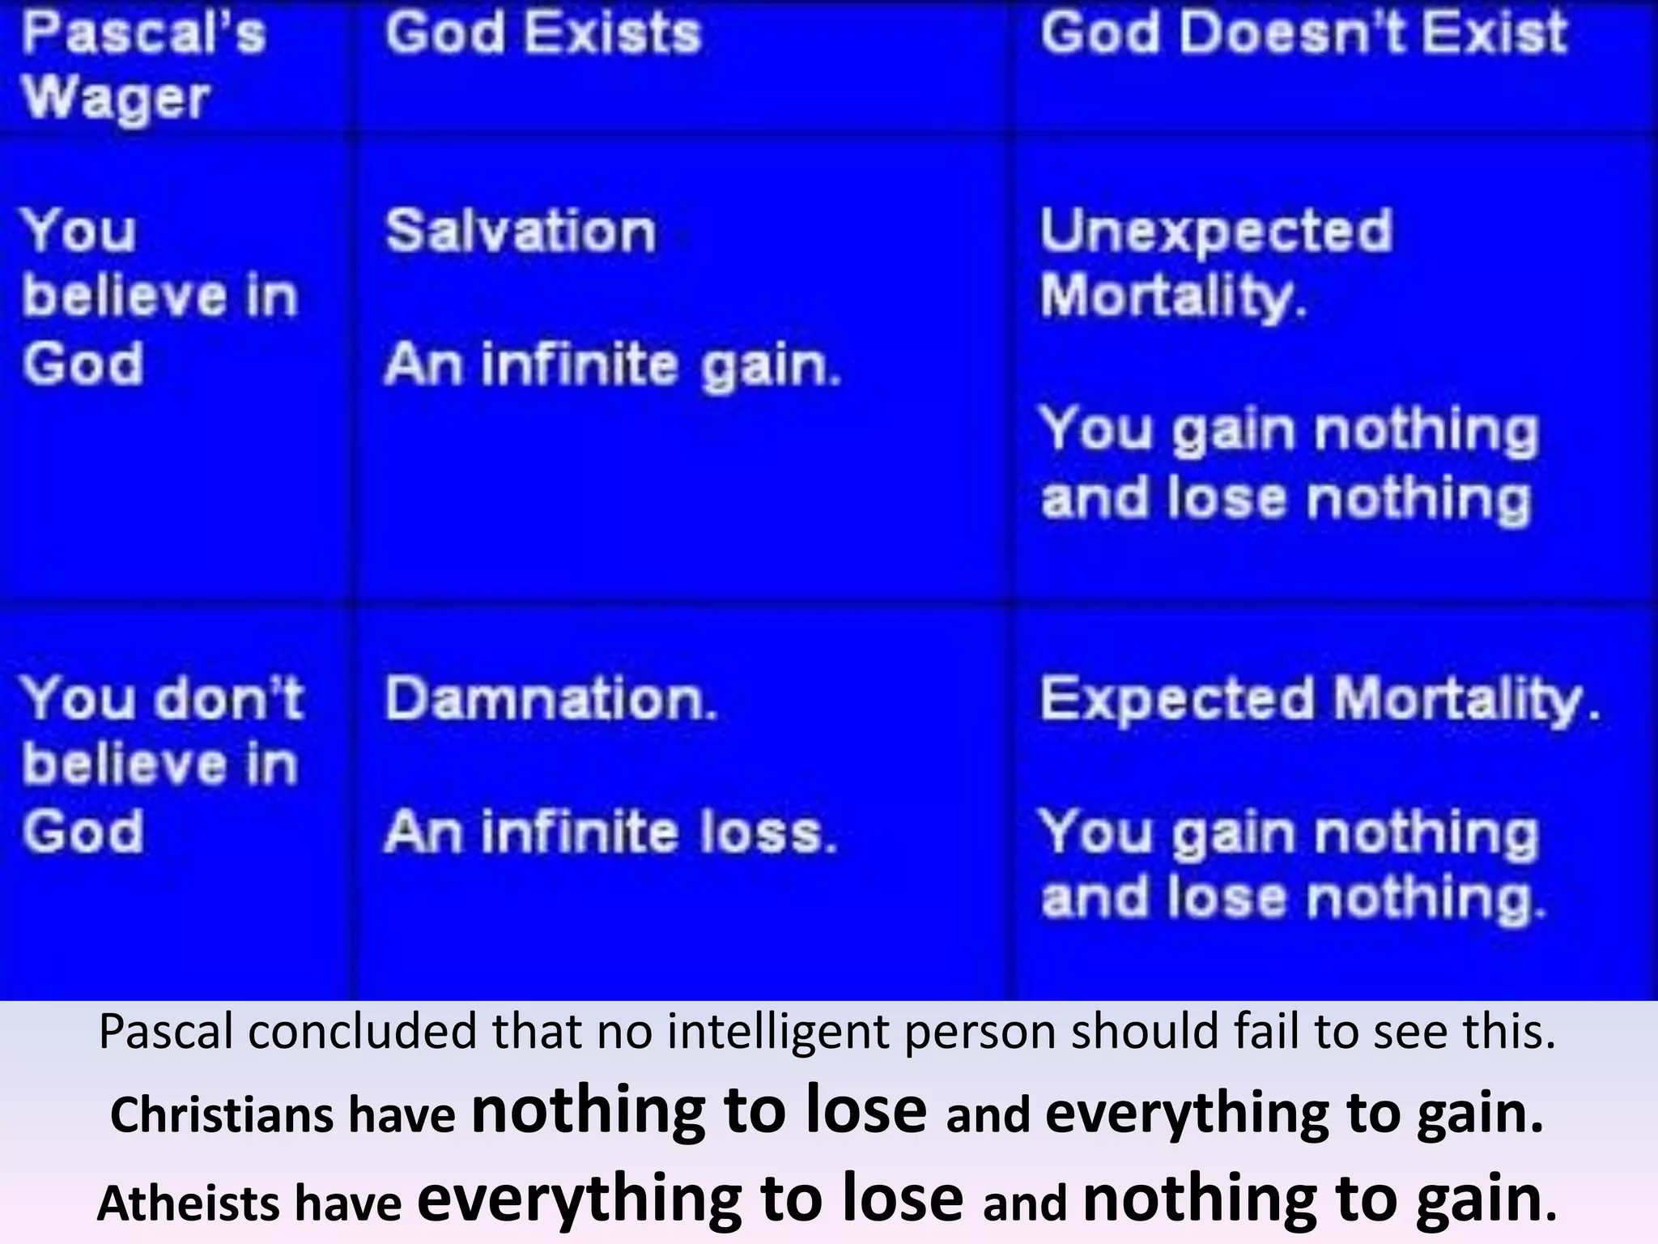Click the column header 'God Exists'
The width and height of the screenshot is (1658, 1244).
pos(542,34)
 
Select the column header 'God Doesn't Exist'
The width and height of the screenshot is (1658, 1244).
pos(1303,34)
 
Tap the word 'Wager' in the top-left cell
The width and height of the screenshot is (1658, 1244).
pos(116,99)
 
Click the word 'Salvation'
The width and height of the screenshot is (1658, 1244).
pos(520,232)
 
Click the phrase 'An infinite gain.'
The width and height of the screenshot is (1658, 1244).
pos(613,365)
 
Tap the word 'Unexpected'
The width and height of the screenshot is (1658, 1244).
pos(1216,232)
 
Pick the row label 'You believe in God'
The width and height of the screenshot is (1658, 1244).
pos(160,296)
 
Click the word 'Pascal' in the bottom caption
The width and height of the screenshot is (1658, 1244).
pos(166,1033)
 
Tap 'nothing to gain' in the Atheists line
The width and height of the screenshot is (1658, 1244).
pos(1312,1199)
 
